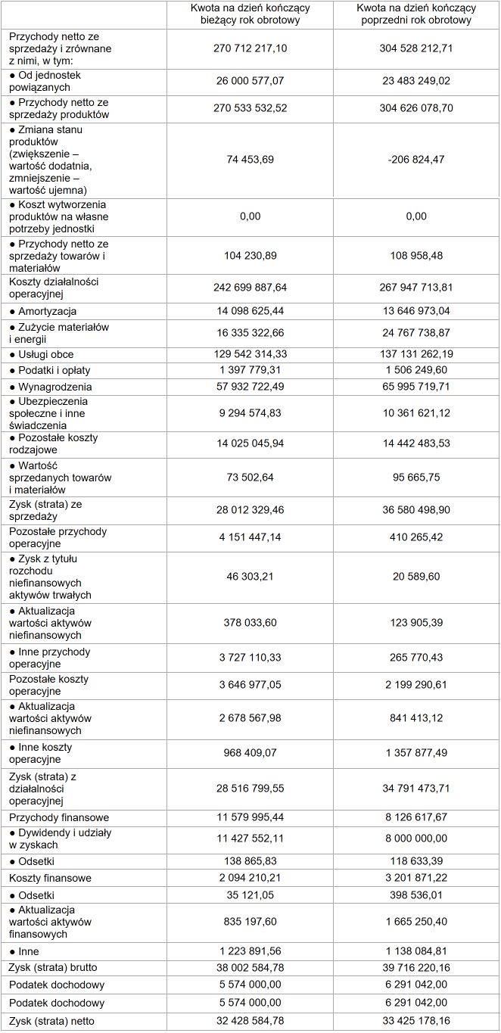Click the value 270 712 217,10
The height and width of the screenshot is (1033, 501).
(250, 48)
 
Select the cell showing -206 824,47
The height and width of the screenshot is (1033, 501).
(416, 160)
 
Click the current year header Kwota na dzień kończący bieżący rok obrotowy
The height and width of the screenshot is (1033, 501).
(250, 14)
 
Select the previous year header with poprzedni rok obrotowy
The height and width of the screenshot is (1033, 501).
(416, 14)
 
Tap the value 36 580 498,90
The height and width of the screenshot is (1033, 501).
(416, 512)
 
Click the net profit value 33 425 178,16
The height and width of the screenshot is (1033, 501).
(416, 1021)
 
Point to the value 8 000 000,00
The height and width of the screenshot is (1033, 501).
(416, 838)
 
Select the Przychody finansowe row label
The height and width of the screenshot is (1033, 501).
(59, 817)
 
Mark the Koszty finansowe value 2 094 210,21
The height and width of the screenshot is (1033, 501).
(250, 878)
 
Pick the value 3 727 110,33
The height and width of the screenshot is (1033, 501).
(250, 658)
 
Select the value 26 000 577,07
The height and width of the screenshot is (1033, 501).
(250, 81)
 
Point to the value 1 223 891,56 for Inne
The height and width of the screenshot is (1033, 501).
(250, 951)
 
